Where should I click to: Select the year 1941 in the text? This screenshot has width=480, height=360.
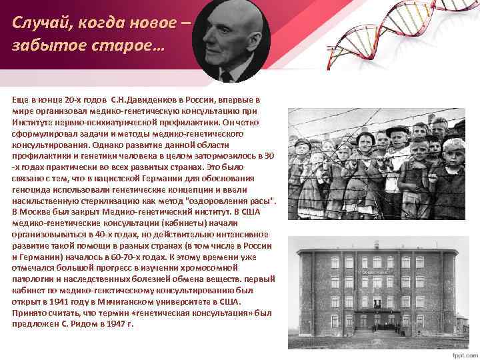77,302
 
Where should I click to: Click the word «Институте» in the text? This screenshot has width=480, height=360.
31,123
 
